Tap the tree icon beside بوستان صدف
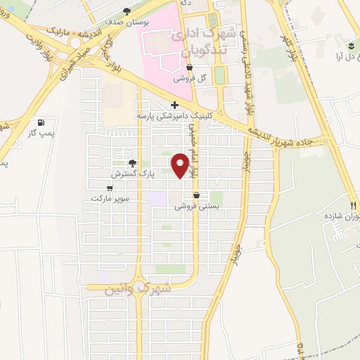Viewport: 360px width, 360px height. [x=127, y=11]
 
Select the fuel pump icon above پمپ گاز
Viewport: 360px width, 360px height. [x=38, y=122]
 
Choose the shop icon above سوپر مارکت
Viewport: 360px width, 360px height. [x=110, y=188]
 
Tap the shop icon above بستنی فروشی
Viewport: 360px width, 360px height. [x=196, y=195]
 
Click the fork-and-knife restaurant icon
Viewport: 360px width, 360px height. [x=354, y=205]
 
